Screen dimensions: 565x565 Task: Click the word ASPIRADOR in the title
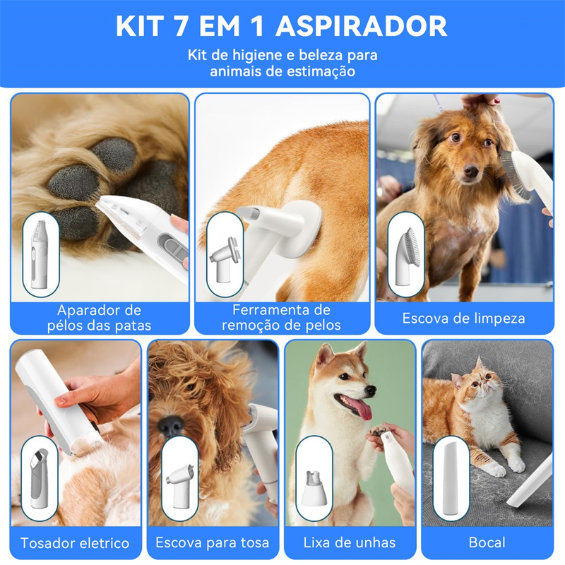pyautogui.click(x=361, y=26)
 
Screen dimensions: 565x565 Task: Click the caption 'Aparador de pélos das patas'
pyautogui.click(x=100, y=318)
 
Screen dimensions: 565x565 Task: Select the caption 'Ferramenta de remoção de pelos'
pyautogui.click(x=281, y=318)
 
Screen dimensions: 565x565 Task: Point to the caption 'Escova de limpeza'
pyautogui.click(x=464, y=319)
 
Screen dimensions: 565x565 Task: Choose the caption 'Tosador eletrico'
pyautogui.click(x=75, y=543)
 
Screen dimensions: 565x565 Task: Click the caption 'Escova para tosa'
pyautogui.click(x=213, y=543)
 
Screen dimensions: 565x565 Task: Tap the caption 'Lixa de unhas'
pyautogui.click(x=350, y=543)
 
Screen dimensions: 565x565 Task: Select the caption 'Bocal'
pyautogui.click(x=487, y=543)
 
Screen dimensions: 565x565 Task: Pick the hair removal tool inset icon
pyautogui.click(x=225, y=255)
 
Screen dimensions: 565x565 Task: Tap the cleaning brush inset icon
pyautogui.click(x=406, y=255)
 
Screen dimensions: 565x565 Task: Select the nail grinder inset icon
pyautogui.click(x=314, y=479)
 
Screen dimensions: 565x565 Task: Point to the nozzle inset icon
pyautogui.click(x=450, y=479)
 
